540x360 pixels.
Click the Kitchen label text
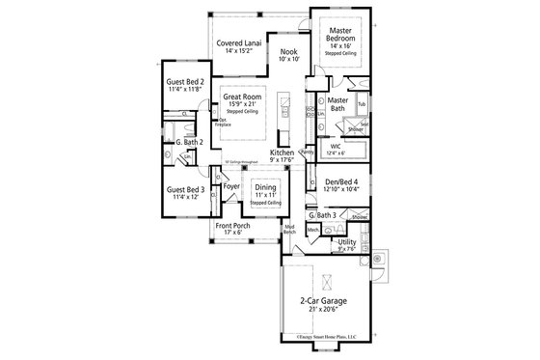[x=282, y=152]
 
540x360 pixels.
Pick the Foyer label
[x=232, y=185]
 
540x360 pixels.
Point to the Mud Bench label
[x=288, y=230]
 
